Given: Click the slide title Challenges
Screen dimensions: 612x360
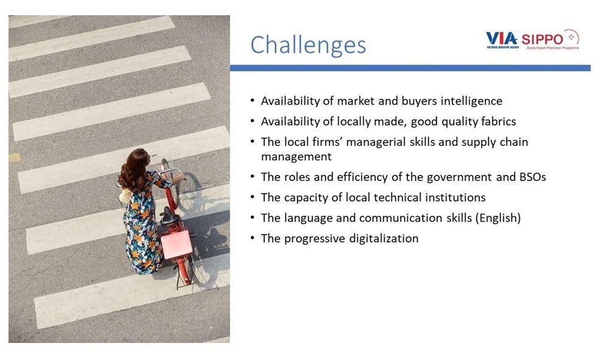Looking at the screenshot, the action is [308, 45].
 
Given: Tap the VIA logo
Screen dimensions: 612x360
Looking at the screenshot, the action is [502, 39].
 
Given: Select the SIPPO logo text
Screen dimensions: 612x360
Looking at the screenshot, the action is [542, 40].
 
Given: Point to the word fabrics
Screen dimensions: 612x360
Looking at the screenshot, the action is [498, 121].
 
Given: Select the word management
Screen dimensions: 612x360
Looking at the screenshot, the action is [296, 157].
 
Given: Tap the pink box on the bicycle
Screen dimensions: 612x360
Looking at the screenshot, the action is [177, 244].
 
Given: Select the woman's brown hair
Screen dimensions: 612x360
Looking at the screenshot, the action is [134, 170].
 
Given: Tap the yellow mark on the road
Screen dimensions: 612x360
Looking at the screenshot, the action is [15, 158].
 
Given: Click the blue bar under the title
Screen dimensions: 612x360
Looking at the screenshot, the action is [410, 68].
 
